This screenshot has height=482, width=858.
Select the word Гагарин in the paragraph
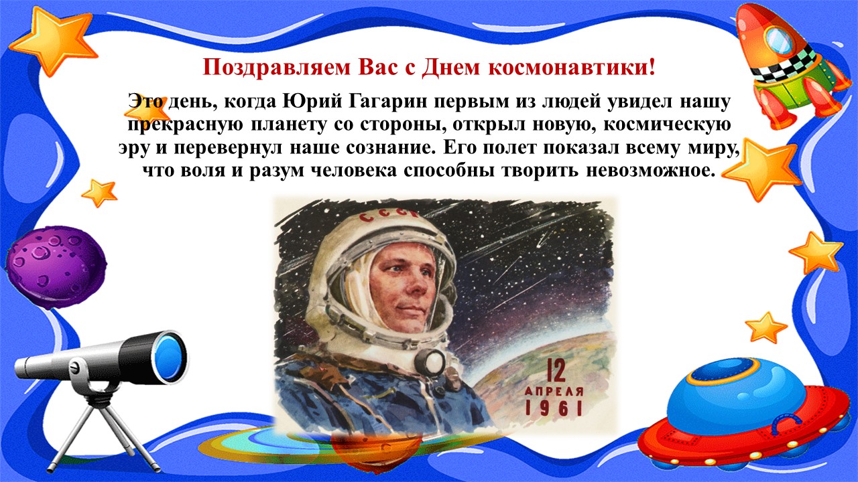click(x=387, y=102)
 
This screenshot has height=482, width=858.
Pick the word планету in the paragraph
click(x=288, y=125)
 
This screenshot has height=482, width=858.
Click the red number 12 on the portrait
click(x=556, y=370)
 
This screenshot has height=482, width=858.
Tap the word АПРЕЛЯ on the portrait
click(x=554, y=392)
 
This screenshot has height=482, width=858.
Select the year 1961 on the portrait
click(x=554, y=408)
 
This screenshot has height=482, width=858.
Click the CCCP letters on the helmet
click(x=386, y=216)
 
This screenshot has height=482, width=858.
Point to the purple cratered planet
click(x=56, y=266)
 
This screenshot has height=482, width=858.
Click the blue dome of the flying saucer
click(x=726, y=394)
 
